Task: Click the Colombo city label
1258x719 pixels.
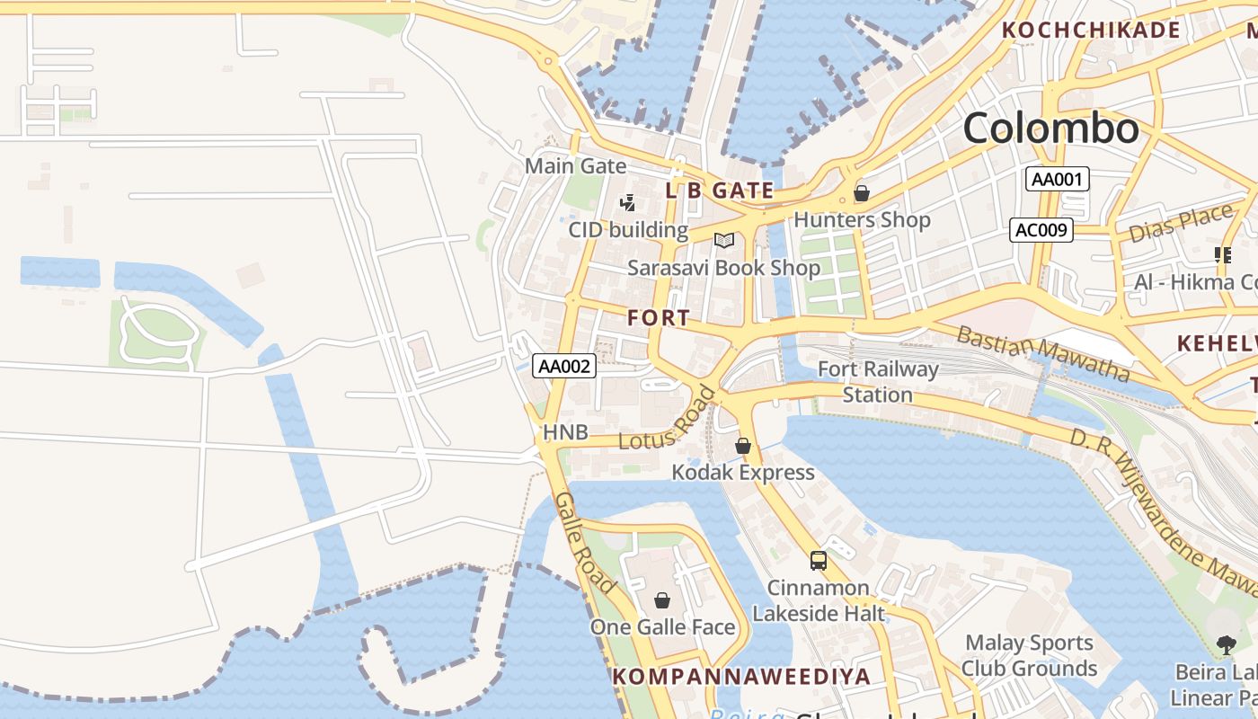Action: pos(1050,129)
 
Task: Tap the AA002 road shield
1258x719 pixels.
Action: pos(564,366)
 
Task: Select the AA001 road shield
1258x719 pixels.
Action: pos(1057,179)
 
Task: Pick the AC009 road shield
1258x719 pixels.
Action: pos(1041,230)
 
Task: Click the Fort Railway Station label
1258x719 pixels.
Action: pos(877,382)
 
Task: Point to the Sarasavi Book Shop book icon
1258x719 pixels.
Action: pos(724,240)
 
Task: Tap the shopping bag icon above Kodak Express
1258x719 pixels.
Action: pos(743,446)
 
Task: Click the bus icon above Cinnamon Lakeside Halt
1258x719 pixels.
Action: pos(819,561)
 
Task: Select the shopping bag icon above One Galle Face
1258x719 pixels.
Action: pos(662,600)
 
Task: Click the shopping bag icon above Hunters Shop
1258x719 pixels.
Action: pos(862,193)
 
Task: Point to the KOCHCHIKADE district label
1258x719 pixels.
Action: pos(1091,30)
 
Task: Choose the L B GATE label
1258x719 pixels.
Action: pos(719,191)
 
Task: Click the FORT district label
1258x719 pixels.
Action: pos(659,317)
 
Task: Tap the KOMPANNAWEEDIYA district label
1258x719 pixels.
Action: pos(741,677)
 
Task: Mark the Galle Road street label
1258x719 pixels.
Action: pos(584,542)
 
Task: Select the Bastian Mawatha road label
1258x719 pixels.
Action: pos(1042,353)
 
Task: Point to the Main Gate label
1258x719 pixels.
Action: pos(575,166)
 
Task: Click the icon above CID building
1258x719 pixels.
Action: pos(628,203)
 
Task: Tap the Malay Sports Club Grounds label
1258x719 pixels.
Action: pos(1029,655)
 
